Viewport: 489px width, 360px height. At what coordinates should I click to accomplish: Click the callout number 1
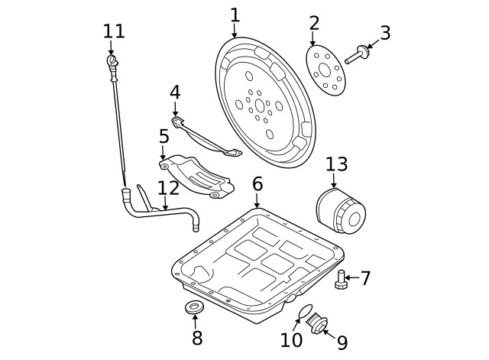pyautogui.click(x=235, y=15)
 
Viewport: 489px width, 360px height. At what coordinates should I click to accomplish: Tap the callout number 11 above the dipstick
pyautogui.click(x=113, y=31)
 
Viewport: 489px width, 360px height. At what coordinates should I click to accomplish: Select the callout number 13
pyautogui.click(x=336, y=164)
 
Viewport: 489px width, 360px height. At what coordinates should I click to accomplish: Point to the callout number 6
pyautogui.click(x=257, y=183)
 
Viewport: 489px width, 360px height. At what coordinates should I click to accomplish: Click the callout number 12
pyautogui.click(x=167, y=187)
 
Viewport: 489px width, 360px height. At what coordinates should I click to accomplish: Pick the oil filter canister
pyautogui.click(x=339, y=213)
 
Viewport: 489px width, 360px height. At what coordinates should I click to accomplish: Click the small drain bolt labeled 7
pyautogui.click(x=341, y=281)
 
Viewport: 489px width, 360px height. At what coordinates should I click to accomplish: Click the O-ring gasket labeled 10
pyautogui.click(x=304, y=311)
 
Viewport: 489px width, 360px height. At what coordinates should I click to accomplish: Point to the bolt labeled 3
pyautogui.click(x=357, y=55)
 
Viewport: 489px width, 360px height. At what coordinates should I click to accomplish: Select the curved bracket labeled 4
pyautogui.click(x=206, y=138)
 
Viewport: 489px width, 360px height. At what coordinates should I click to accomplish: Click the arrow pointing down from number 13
pyautogui.click(x=334, y=181)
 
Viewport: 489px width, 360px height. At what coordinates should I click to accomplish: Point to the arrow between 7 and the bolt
pyautogui.click(x=351, y=278)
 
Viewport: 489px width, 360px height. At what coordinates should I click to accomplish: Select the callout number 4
pyautogui.click(x=175, y=92)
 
